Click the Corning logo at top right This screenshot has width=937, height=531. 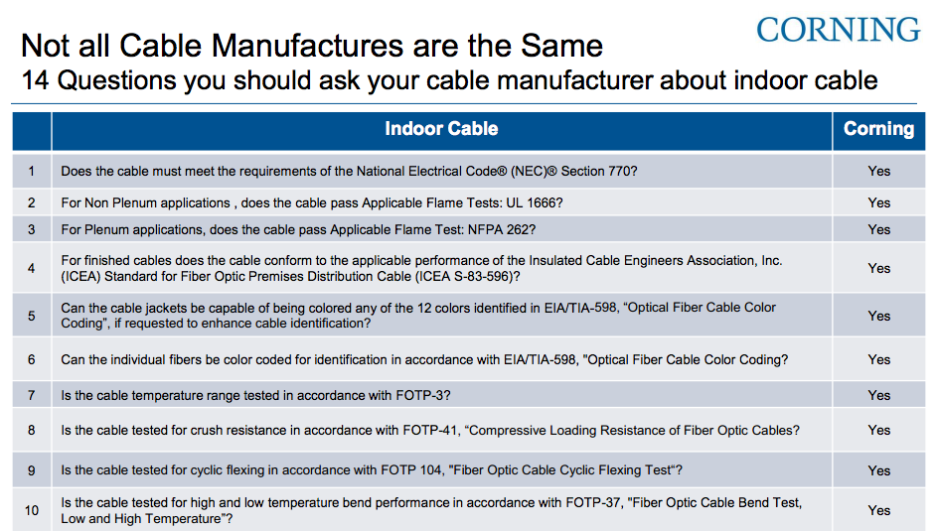(x=838, y=29)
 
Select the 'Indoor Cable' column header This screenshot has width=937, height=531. (x=441, y=129)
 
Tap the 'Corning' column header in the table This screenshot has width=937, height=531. (x=878, y=129)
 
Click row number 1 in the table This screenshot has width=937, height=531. (x=32, y=171)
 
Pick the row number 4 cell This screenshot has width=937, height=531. (x=32, y=268)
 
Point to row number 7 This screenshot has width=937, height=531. (x=32, y=395)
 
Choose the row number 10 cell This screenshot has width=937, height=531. (x=32, y=510)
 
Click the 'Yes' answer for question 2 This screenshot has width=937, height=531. (x=878, y=202)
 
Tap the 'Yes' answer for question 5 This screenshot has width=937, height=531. (x=878, y=316)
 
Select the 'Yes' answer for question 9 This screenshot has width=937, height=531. (x=878, y=470)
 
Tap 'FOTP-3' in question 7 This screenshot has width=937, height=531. (x=420, y=395)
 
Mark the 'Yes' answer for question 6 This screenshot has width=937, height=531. (x=878, y=359)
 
